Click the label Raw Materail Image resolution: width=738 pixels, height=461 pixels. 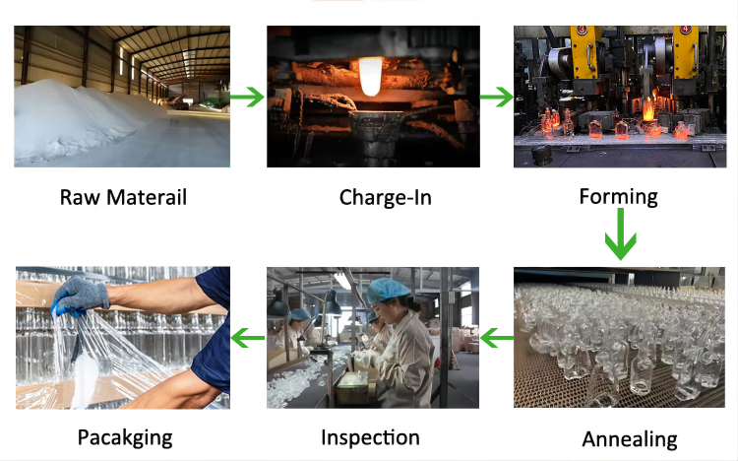123,197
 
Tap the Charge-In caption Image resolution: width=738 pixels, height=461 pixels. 385,198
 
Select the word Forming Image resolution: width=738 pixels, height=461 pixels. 619,197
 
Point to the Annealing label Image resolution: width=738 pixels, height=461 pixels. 630,439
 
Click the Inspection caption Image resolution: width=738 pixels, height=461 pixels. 370,437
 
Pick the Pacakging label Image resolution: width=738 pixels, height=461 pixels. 125,438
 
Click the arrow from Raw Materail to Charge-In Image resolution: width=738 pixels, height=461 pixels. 247,98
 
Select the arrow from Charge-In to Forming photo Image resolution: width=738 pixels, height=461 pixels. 497,98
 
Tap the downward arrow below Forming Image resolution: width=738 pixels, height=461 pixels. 620,233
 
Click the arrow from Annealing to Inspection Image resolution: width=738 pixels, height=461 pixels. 497,338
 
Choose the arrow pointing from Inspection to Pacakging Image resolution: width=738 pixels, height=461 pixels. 248,338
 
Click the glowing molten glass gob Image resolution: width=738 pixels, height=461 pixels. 370,77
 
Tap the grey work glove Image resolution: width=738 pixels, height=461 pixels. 79,296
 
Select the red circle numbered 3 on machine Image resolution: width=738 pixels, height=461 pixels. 582,30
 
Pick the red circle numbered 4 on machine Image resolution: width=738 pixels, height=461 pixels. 685,30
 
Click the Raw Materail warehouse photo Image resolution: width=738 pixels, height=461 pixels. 122,97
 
